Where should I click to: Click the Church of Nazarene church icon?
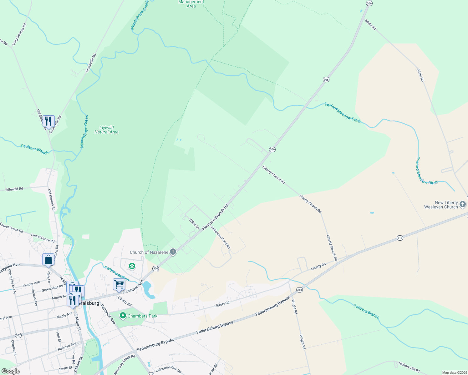click(173, 252)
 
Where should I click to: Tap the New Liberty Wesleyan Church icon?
click(463, 205)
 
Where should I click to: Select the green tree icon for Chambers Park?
click(123, 316)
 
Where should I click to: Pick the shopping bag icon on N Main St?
click(48, 259)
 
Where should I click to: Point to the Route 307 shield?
click(18, 335)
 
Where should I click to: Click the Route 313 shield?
click(151, 374)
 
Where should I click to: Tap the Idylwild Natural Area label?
click(106, 130)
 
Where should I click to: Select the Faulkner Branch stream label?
click(35, 149)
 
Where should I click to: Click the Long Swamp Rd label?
click(19, 34)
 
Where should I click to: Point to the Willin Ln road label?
click(194, 224)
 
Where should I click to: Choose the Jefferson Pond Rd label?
click(221, 237)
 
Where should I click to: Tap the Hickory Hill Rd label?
click(409, 367)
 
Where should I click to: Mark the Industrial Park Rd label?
click(168, 370)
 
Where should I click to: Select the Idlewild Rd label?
click(15, 189)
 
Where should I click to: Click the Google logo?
click(10, 371)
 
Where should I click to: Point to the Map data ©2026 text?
click(454, 372)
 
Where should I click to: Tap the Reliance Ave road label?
click(108, 314)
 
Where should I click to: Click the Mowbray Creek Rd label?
click(125, 364)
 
